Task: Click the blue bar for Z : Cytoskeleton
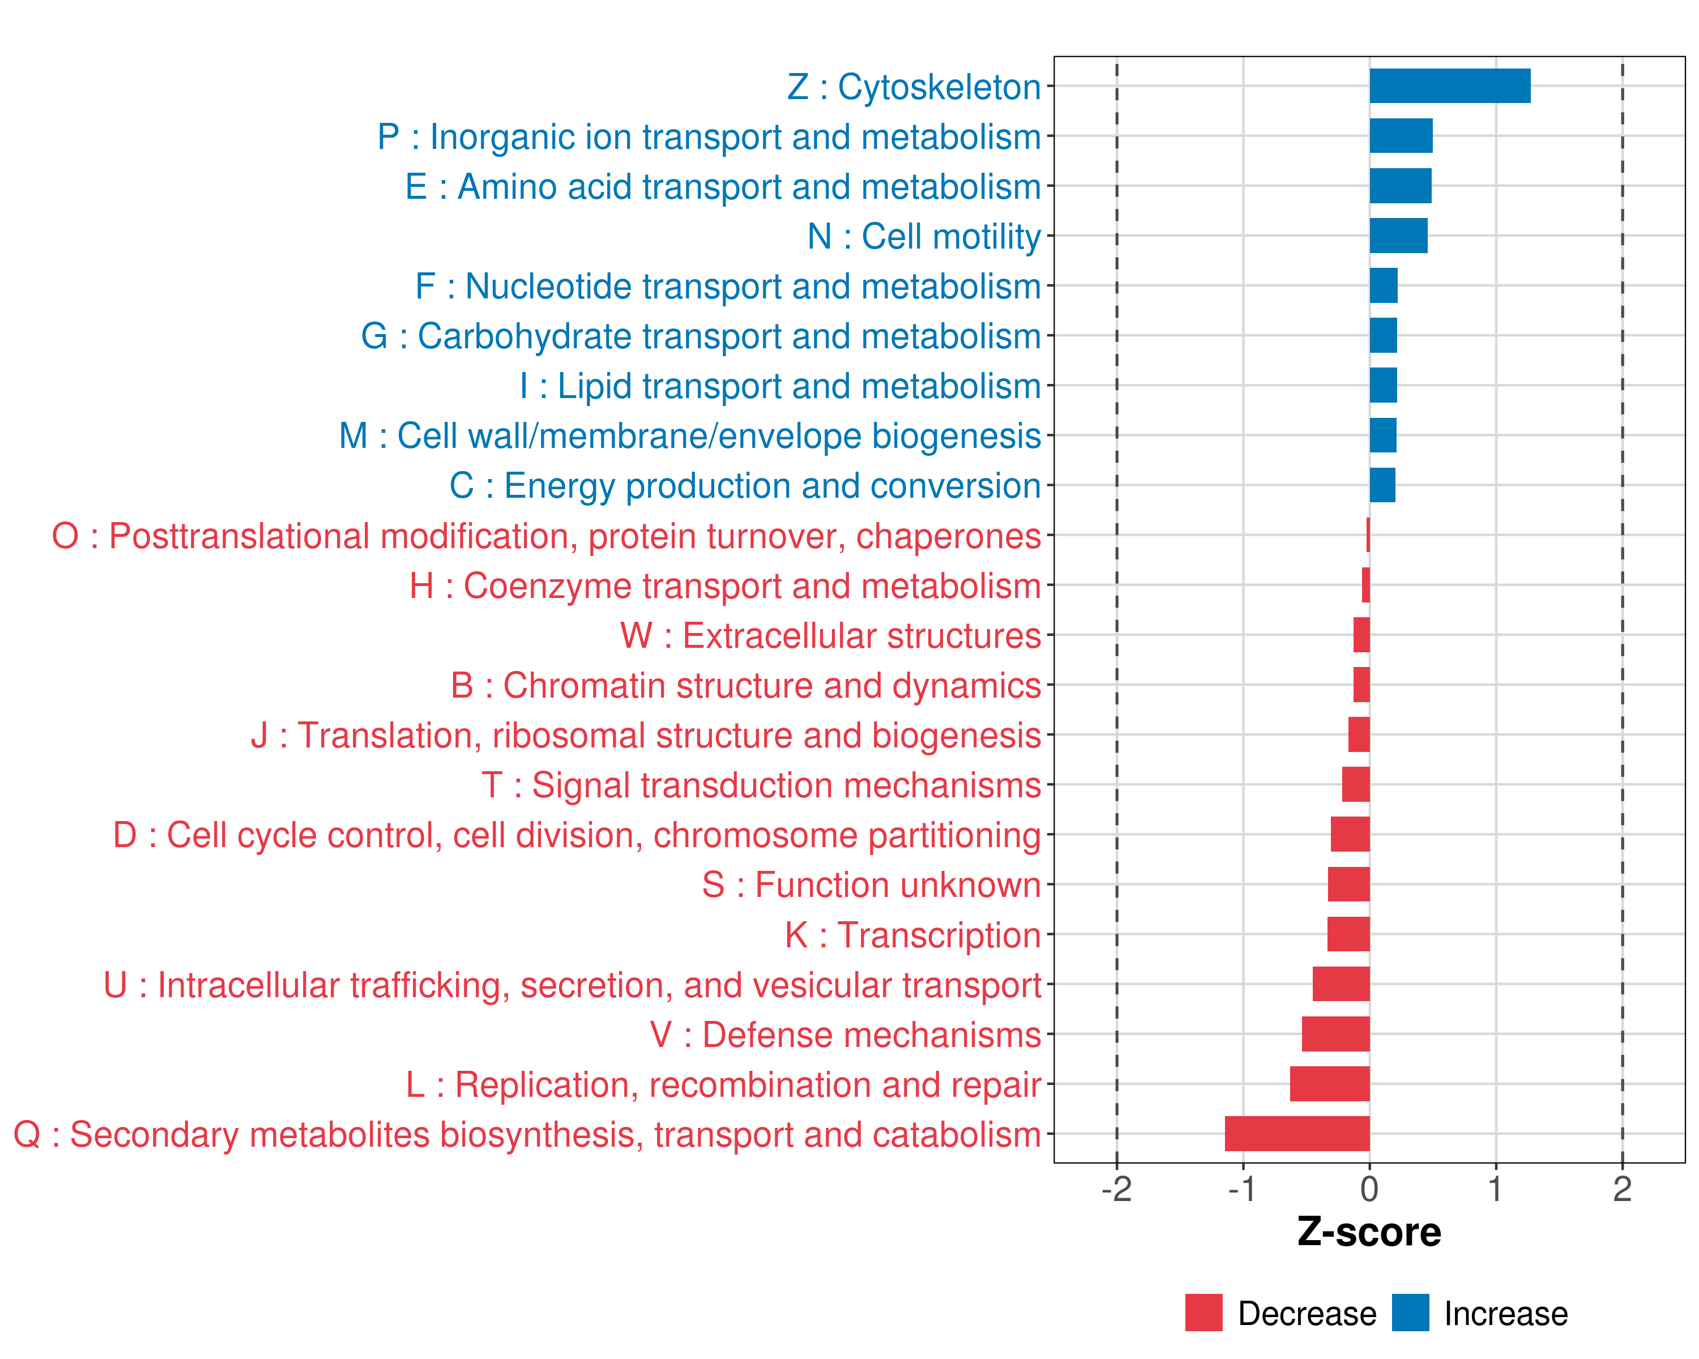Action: pos(1449,86)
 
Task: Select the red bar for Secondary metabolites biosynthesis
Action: pos(1296,1134)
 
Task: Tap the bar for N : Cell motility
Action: pos(1398,236)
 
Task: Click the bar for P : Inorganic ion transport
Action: pos(1401,135)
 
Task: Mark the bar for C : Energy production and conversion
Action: pos(1382,485)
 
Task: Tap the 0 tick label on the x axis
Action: pos(1369,1189)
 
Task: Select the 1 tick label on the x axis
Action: pos(1495,1189)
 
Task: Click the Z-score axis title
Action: pos(1369,1232)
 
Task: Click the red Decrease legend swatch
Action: pos(1203,1313)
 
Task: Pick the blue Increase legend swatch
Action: pos(1410,1313)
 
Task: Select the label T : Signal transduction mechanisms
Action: pos(761,785)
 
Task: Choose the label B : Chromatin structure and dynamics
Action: pos(745,685)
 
